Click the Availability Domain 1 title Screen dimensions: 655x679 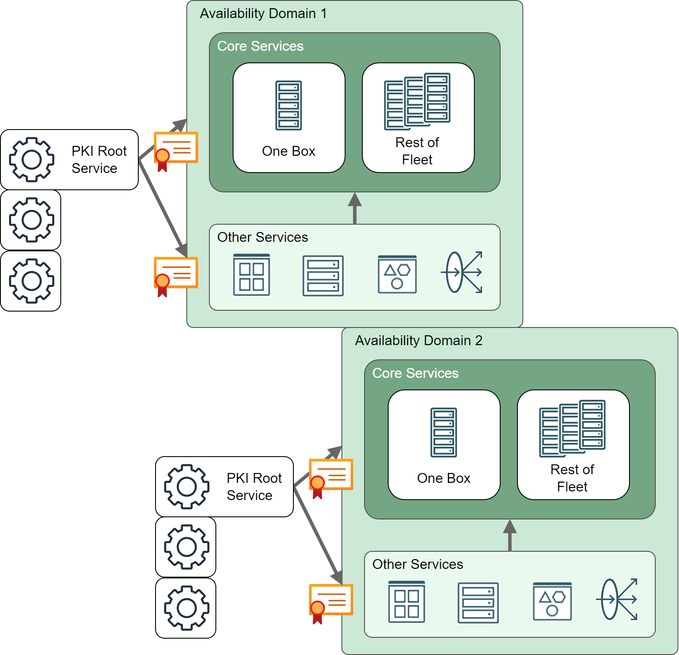click(263, 13)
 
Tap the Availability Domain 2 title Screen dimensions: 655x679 click(418, 340)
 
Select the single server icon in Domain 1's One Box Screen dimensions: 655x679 click(289, 105)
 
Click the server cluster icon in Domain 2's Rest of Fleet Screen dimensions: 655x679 click(572, 428)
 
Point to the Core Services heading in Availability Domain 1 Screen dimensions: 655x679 click(260, 46)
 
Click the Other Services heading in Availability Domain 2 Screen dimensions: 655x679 click(417, 564)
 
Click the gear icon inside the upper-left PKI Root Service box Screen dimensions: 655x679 click(31, 160)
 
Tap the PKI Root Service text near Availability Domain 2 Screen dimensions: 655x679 click(254, 487)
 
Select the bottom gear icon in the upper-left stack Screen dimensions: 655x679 click(31, 281)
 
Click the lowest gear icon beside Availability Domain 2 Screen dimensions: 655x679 click(187, 608)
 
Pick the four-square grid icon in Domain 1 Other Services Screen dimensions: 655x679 click(252, 275)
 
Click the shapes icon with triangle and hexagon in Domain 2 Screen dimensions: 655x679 click(552, 601)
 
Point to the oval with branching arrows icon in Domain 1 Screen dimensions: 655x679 click(462, 272)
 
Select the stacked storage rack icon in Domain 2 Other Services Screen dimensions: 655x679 click(478, 602)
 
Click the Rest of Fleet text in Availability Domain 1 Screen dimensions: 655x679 click(417, 151)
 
